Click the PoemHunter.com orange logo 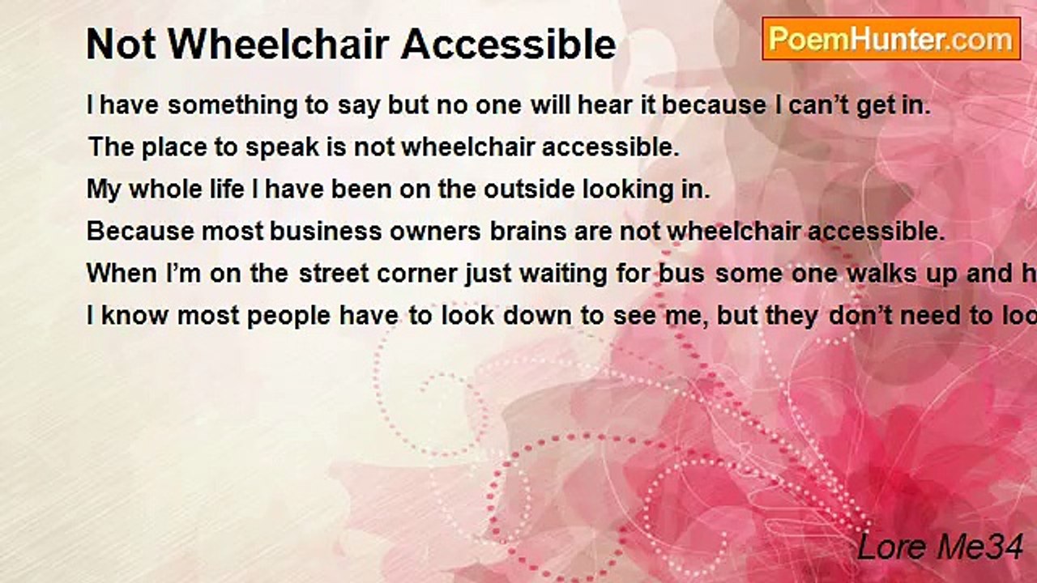click(891, 39)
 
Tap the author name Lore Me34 click(940, 547)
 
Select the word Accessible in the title click(508, 44)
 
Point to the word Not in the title click(121, 44)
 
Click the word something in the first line click(233, 105)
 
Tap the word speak click(282, 147)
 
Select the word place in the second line click(174, 147)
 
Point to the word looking click(627, 190)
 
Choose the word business click(326, 232)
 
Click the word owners click(435, 232)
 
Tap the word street click(334, 274)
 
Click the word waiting click(563, 274)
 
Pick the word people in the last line click(288, 317)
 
